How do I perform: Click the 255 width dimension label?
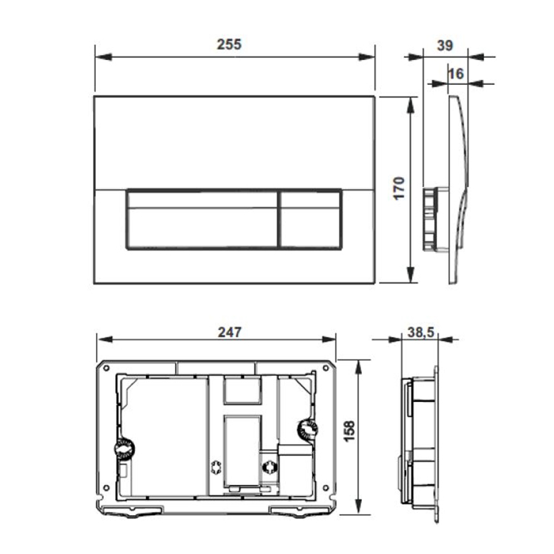pyautogui.click(x=229, y=45)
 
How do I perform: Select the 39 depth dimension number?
pyautogui.click(x=445, y=45)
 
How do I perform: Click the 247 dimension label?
pyautogui.click(x=229, y=332)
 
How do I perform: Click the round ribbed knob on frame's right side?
pyautogui.click(x=306, y=429)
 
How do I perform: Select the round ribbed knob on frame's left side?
pyautogui.click(x=125, y=448)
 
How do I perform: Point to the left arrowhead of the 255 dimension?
pyautogui.click(x=102, y=57)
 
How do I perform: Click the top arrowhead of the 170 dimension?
pyautogui.click(x=411, y=104)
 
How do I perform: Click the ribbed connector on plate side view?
pyautogui.click(x=430, y=219)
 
